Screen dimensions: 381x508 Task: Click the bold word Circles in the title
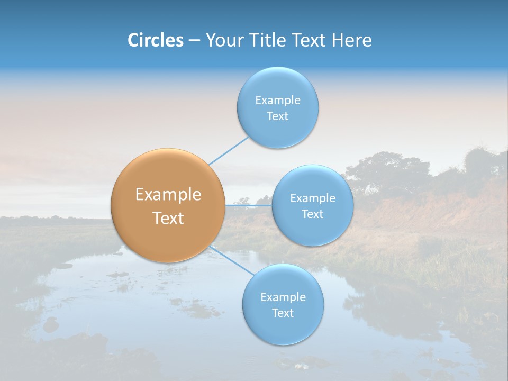click(156, 40)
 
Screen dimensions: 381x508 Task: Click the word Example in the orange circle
click(168, 195)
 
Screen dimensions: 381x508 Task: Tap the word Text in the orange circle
click(168, 218)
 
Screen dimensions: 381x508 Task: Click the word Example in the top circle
click(277, 101)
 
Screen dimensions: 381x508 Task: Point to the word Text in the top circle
click(277, 116)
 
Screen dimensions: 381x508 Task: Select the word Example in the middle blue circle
click(312, 198)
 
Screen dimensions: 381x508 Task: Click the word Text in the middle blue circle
click(312, 214)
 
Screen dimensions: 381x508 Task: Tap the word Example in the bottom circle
click(283, 297)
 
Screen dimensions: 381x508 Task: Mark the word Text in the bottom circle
click(283, 313)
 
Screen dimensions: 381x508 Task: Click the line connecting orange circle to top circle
click(228, 150)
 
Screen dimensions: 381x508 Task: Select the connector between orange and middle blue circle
click(249, 205)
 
